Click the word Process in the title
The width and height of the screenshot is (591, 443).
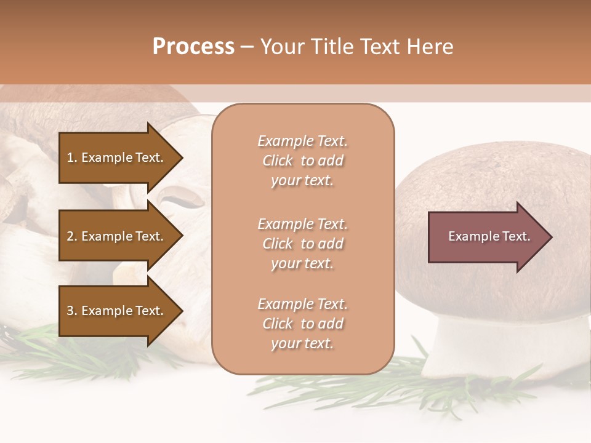[x=193, y=46]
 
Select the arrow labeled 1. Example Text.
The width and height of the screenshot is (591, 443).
[x=117, y=158]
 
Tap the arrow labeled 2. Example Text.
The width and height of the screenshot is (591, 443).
[x=117, y=236]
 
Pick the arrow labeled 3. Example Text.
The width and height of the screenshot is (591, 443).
[x=117, y=311]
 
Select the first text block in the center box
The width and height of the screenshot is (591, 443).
[x=302, y=161]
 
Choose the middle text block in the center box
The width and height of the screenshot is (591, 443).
[x=302, y=243]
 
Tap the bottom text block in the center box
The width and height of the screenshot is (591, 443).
[x=302, y=324]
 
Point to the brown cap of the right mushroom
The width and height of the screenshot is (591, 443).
[x=492, y=178]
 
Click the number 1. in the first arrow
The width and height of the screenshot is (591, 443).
[x=72, y=158]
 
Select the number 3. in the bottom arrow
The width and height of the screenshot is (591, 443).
[x=72, y=311]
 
